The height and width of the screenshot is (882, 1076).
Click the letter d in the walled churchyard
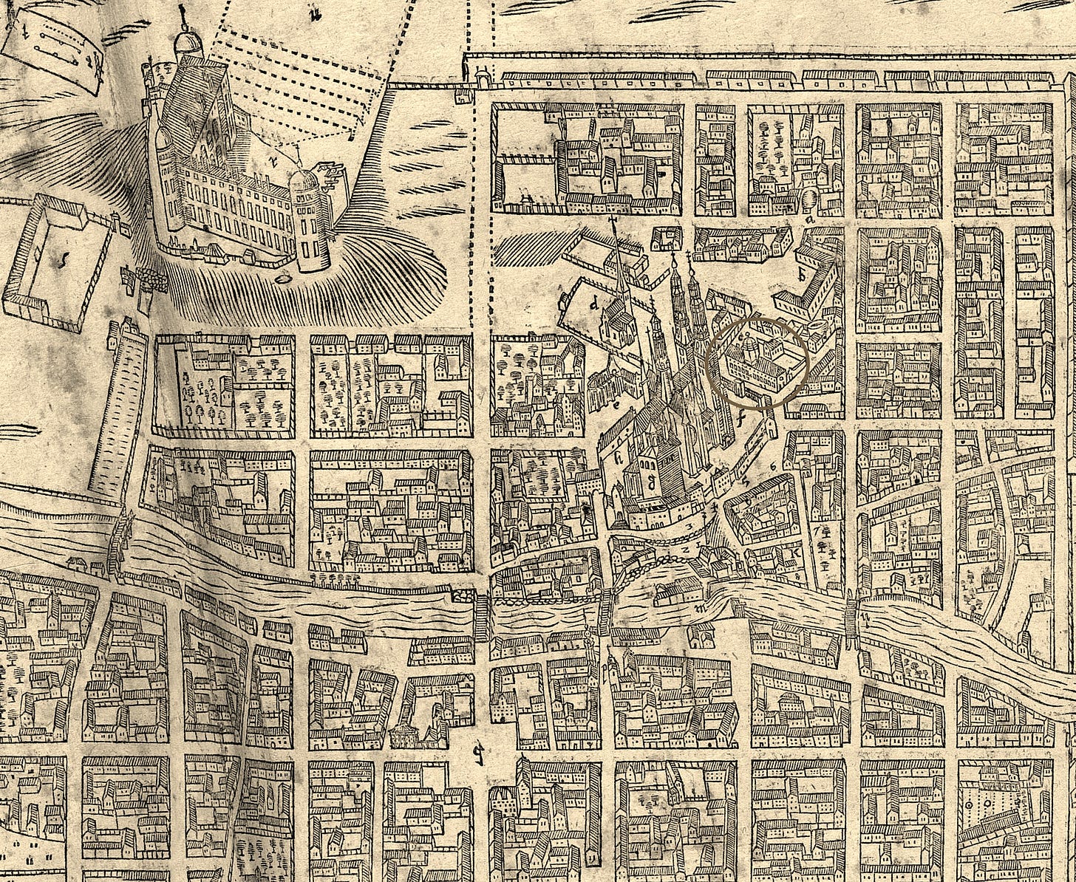click(593, 304)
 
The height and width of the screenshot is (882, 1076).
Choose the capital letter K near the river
click(796, 553)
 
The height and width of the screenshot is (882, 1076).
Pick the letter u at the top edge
click(316, 10)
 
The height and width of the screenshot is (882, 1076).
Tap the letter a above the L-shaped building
click(810, 219)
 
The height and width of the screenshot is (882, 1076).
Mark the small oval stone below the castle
click(285, 280)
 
